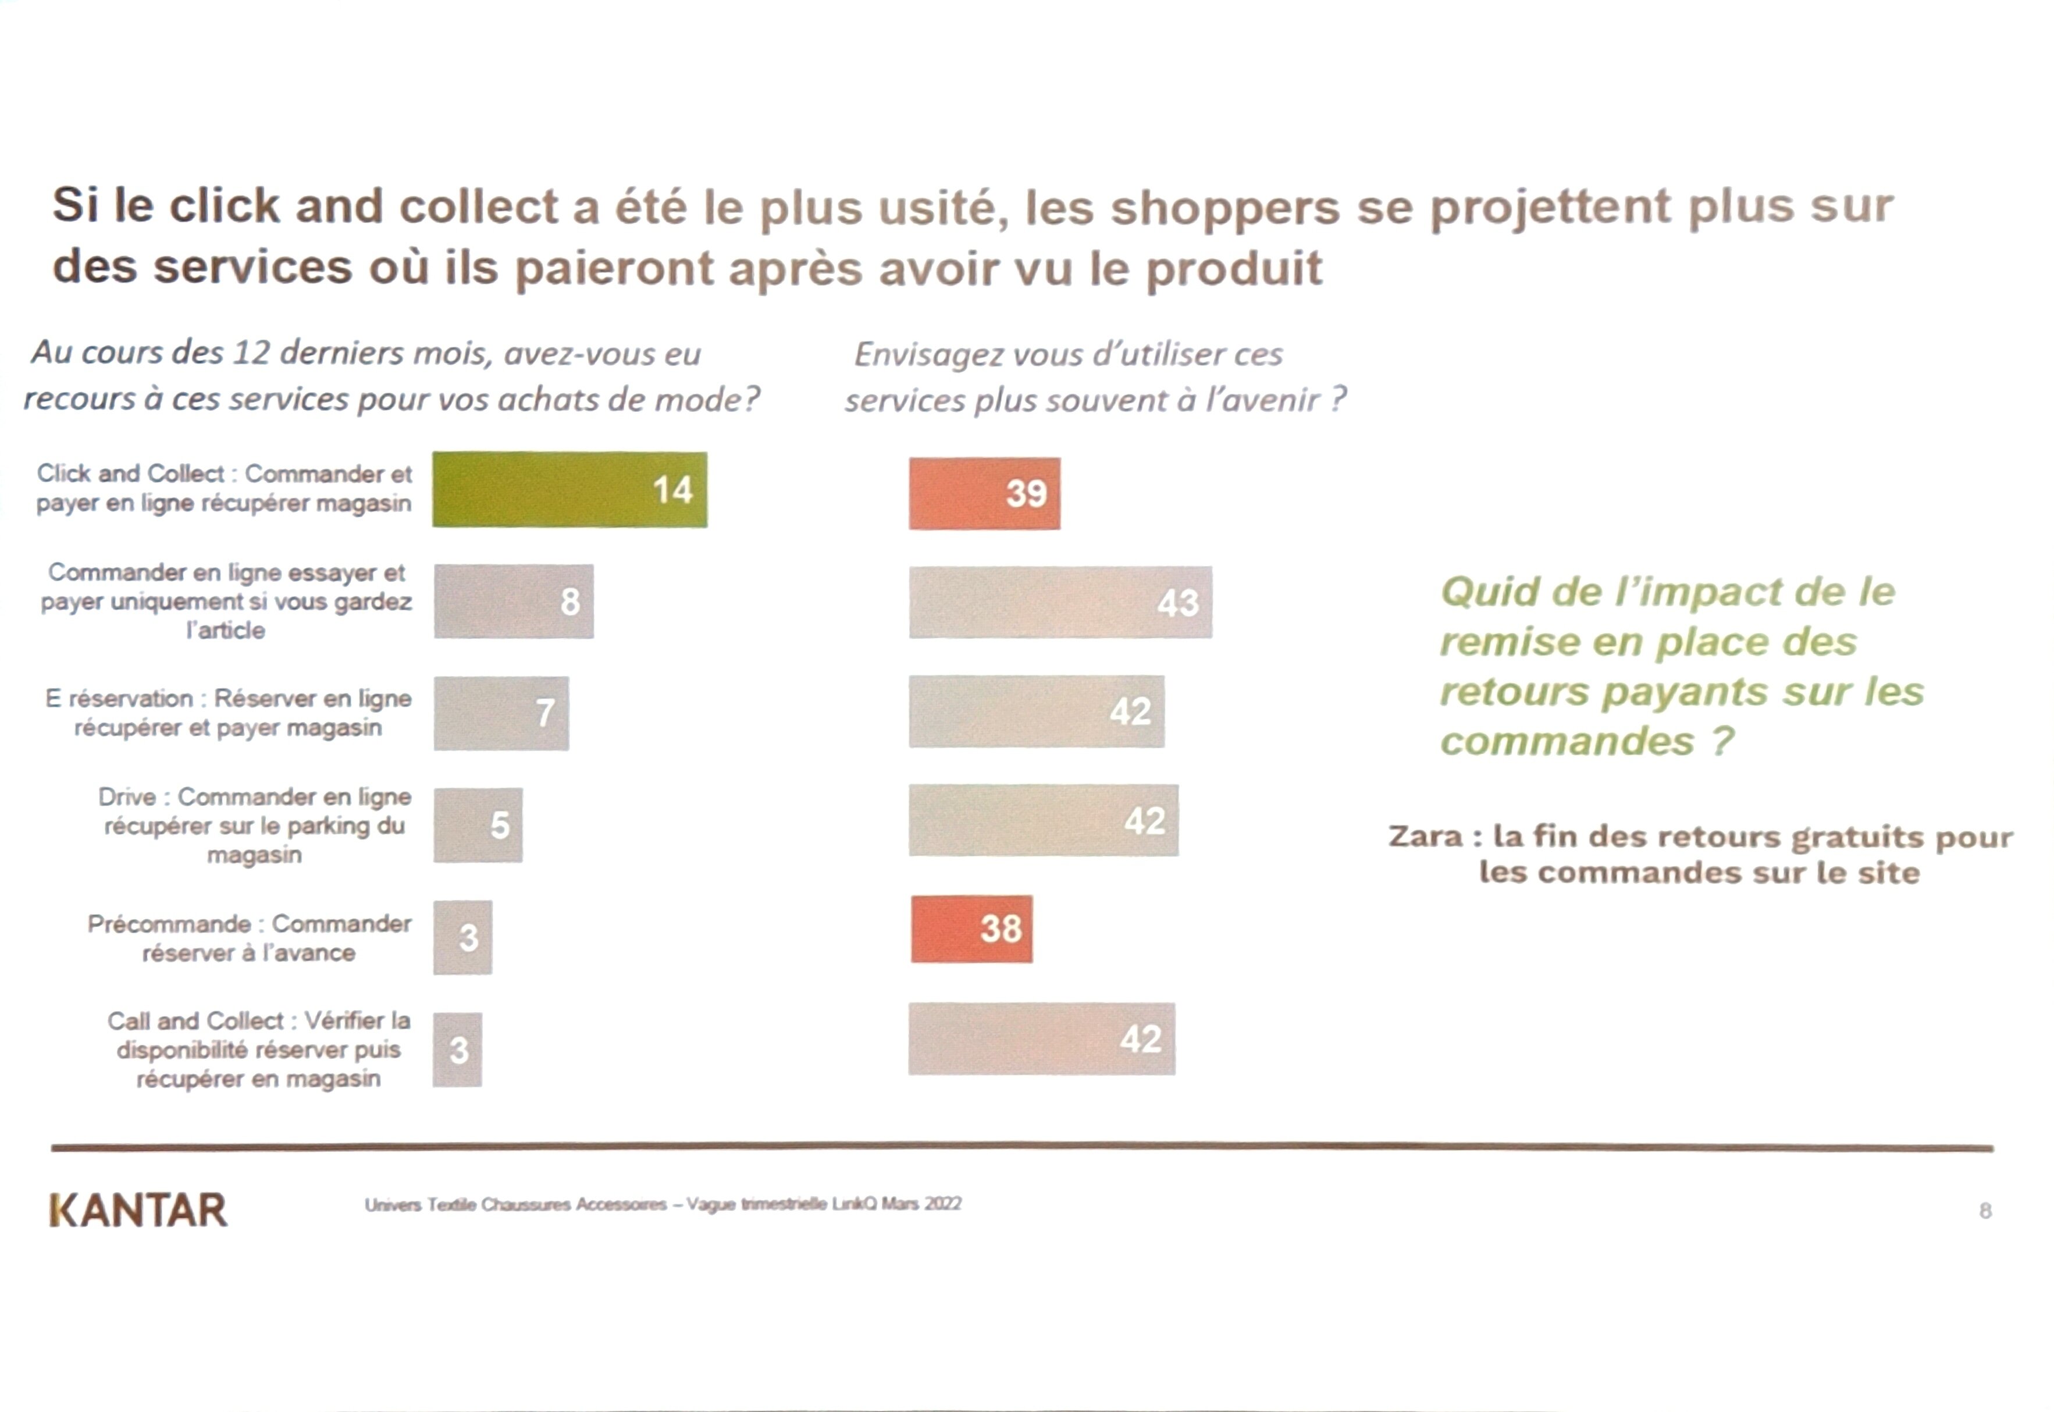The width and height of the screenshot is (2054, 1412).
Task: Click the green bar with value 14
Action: [569, 490]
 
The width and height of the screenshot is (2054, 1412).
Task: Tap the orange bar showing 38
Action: [971, 929]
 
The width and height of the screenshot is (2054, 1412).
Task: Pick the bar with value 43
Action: [1060, 603]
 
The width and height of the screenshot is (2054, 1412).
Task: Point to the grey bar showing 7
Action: [501, 713]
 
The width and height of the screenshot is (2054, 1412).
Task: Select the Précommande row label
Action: [250, 938]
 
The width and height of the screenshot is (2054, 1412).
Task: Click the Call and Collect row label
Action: [258, 1050]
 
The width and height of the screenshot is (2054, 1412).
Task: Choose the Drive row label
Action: [255, 826]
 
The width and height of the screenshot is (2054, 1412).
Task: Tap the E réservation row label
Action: [228, 713]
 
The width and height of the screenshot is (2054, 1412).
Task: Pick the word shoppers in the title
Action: [1225, 208]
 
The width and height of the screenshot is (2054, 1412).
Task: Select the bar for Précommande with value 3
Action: [462, 938]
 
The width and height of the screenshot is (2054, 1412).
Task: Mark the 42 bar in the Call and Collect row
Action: [1041, 1038]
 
